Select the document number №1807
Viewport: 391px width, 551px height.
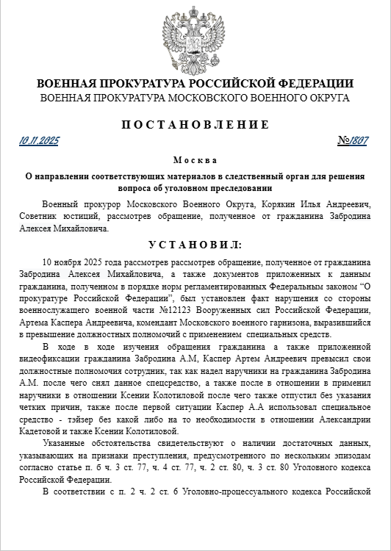point(353,140)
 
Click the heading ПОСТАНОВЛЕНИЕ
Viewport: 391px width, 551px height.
point(195,124)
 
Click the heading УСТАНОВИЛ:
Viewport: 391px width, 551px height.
point(195,244)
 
